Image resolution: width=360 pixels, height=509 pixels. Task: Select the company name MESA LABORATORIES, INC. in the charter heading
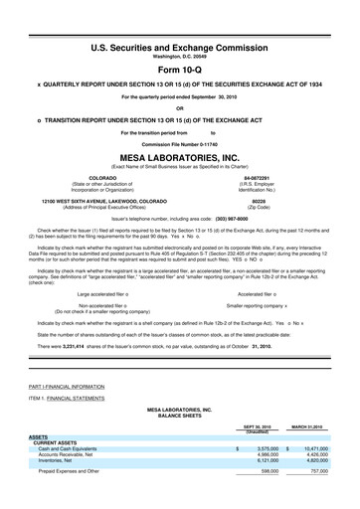coord(179,157)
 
